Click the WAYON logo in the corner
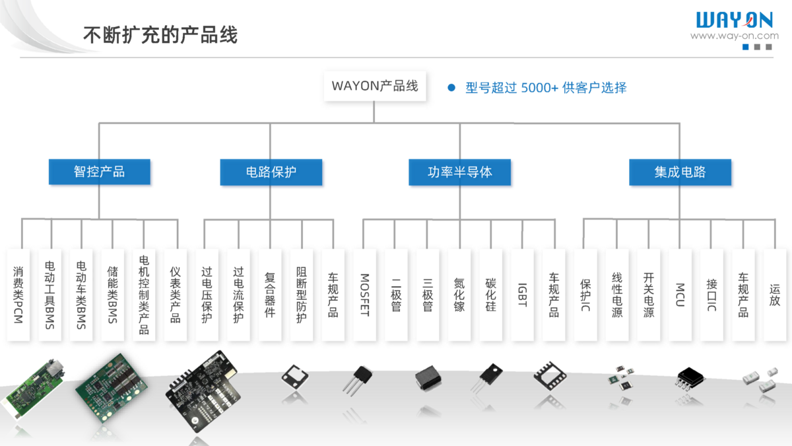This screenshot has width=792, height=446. coord(734,19)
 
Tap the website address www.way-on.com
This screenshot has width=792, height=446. coord(734,36)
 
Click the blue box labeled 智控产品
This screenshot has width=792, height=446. coord(100,172)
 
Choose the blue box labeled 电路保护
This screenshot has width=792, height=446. coord(271,172)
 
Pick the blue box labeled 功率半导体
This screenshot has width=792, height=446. coord(460,172)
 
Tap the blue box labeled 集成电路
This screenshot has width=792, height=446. coord(680,172)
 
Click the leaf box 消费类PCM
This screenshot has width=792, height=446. coord(18,295)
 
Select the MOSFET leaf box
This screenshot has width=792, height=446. coord(364,295)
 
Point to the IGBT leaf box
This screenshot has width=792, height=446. coord(522,295)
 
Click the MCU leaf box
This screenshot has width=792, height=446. coord(680,295)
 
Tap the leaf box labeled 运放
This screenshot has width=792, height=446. coord(775,295)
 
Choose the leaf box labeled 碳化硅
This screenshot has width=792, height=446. coord(490,295)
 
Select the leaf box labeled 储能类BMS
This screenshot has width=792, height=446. coord(113,295)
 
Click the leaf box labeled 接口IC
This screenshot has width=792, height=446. coord(711,295)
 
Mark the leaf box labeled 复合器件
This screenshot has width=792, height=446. coord(270,295)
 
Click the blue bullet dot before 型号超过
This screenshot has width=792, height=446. coord(452,88)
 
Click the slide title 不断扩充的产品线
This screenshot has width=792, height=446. coord(160,34)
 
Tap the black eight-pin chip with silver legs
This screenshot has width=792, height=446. coord(690,378)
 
